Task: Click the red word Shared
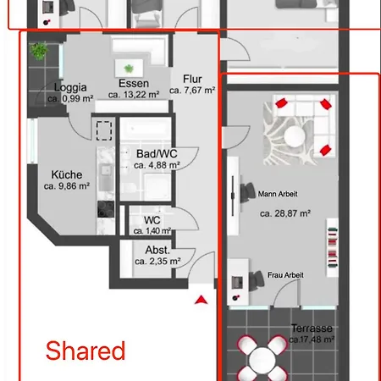(86, 351)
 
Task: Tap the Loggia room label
(70, 87)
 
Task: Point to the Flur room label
(192, 79)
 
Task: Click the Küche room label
(67, 174)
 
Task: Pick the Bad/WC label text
(157, 154)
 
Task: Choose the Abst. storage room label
(157, 250)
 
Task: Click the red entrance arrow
(201, 300)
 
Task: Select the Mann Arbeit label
(278, 194)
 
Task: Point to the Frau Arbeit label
(285, 275)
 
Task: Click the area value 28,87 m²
(285, 213)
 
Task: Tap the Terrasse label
(312, 329)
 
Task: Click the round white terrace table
(262, 360)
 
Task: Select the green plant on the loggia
(39, 51)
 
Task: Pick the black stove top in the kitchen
(106, 209)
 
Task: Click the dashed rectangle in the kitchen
(104, 130)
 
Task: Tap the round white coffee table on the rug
(295, 136)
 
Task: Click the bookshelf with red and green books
(333, 247)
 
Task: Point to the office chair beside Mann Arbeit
(247, 192)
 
